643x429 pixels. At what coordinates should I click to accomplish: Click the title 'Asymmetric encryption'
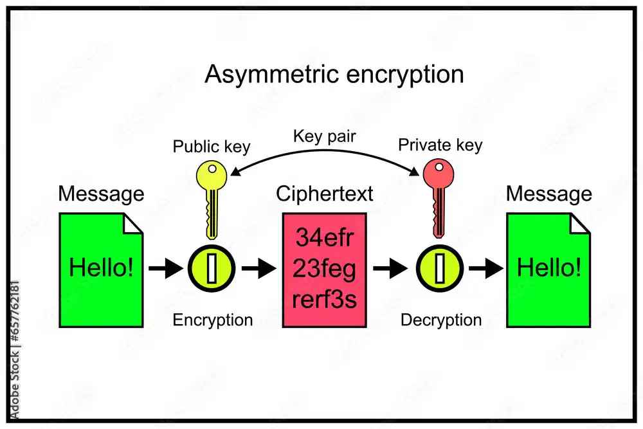[334, 75]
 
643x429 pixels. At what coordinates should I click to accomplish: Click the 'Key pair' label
[324, 136]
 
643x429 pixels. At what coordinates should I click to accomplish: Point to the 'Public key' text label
[212, 147]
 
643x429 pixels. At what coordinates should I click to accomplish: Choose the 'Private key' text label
[440, 145]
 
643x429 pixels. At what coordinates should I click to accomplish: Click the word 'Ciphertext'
[324, 194]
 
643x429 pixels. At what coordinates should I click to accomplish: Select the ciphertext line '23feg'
[324, 268]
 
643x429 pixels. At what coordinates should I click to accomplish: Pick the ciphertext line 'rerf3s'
[324, 299]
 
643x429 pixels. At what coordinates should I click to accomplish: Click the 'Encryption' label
[212, 320]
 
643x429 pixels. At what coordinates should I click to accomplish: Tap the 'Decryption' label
[440, 320]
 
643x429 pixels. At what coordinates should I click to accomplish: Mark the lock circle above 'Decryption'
[439, 268]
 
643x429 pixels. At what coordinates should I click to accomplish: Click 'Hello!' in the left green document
[102, 268]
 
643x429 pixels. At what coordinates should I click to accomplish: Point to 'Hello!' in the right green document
[548, 268]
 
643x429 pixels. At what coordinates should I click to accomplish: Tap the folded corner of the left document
[133, 223]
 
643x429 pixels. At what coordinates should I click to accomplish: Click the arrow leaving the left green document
[165, 268]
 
